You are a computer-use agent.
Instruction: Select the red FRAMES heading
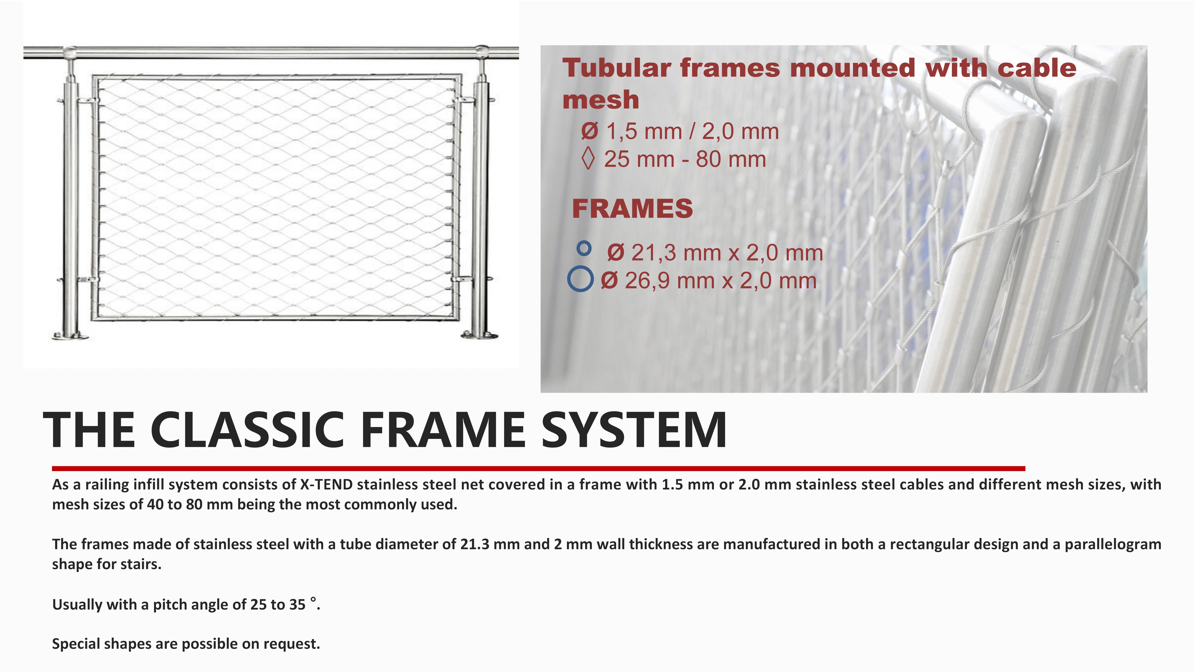(632, 209)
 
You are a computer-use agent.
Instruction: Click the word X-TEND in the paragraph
(326, 485)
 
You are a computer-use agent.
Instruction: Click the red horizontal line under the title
(539, 468)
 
